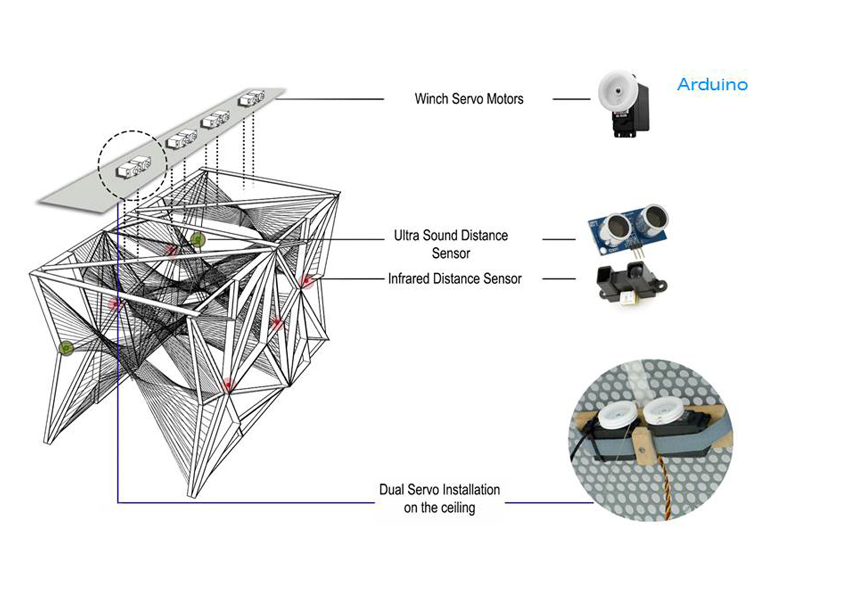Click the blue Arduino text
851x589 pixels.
click(x=712, y=84)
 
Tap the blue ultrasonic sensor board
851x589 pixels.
click(x=628, y=230)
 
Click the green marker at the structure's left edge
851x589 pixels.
click(x=66, y=348)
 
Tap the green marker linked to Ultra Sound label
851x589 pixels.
click(x=198, y=240)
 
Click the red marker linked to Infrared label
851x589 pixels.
click(x=305, y=280)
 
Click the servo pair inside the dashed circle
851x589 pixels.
click(x=133, y=167)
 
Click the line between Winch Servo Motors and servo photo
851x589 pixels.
click(x=571, y=99)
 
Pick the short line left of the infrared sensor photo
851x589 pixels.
click(x=559, y=279)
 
